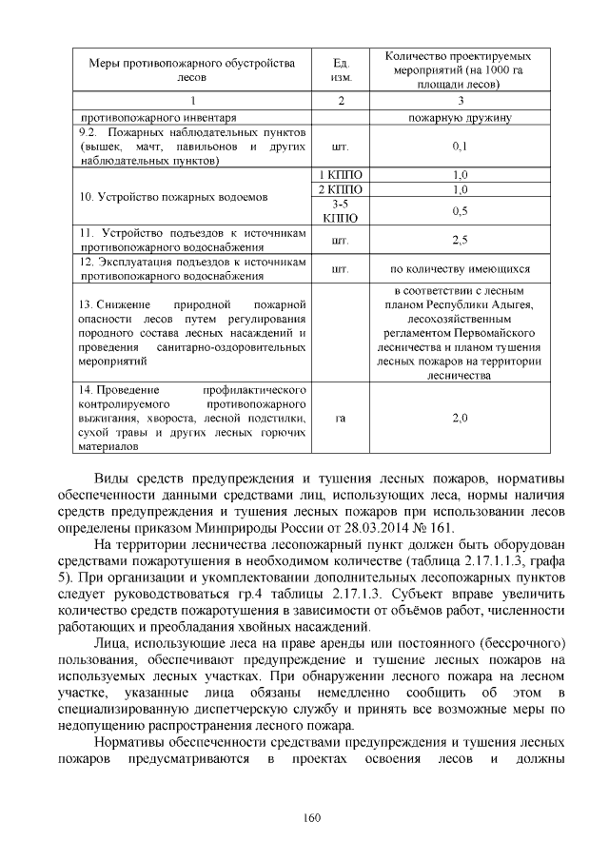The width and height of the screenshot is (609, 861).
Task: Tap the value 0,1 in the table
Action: coord(460,147)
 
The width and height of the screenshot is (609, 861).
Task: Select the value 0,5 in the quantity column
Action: coord(460,210)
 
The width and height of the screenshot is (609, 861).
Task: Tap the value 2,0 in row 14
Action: coord(460,418)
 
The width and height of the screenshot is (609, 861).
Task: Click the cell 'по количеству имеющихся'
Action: coord(460,269)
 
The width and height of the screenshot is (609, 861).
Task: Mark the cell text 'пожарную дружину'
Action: coord(460,118)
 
